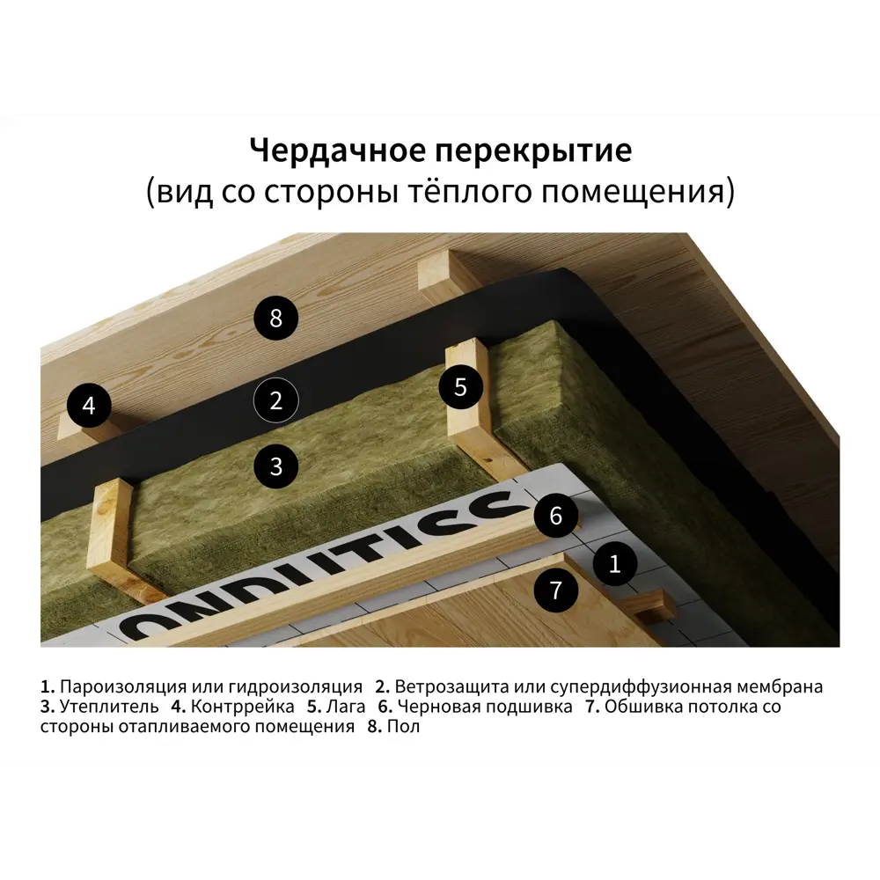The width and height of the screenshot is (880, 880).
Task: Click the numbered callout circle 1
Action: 614,563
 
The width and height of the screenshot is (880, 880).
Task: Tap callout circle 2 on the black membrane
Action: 275,400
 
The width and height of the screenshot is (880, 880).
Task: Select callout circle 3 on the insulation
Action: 275,466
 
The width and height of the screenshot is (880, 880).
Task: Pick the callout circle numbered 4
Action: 89,405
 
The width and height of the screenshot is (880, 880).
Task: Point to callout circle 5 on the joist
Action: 460,386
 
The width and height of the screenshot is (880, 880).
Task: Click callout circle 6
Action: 555,515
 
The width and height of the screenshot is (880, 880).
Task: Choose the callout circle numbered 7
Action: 555,590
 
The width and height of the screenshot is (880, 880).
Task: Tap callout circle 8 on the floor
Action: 275,319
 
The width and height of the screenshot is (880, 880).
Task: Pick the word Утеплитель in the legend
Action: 109,707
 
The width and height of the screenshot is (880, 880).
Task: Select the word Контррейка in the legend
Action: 243,707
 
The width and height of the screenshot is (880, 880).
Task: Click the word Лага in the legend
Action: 346,707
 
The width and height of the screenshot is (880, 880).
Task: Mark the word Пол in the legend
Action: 404,726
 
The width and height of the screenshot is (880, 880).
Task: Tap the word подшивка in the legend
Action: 529,707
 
